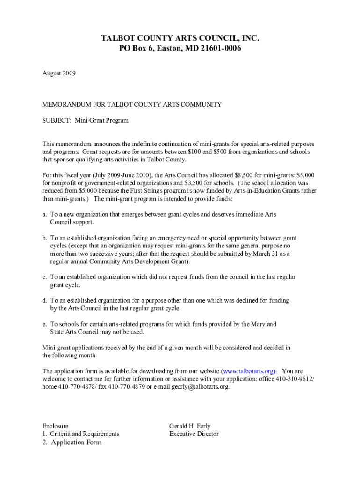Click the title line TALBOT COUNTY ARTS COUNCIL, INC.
pos(180,38)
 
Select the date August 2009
pos(59,73)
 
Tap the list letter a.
pos(44,214)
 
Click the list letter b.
pos(44,238)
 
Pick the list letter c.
pos(44,277)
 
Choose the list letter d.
pos(44,300)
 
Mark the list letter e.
pos(44,324)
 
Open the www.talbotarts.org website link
pos(249,371)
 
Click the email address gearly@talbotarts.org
pos(201,387)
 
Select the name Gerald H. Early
pos(190,426)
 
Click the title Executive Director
pos(194,434)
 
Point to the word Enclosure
pos(55,426)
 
